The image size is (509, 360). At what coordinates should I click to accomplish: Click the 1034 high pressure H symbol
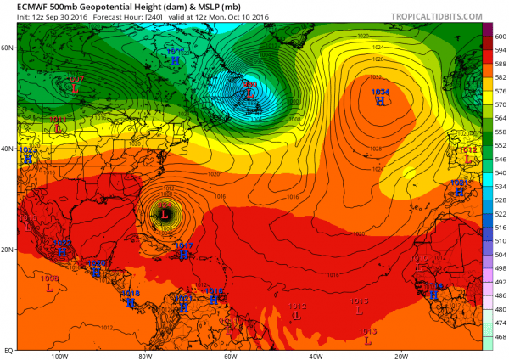pyautogui.click(x=380, y=101)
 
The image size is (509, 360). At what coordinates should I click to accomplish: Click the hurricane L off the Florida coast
pyautogui.click(x=165, y=216)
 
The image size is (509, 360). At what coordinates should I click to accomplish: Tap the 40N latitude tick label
pyautogui.click(x=7, y=149)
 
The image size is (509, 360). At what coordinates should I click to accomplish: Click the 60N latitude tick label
pyautogui.click(x=7, y=48)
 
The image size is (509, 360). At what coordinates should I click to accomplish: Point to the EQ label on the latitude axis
pyautogui.click(x=7, y=349)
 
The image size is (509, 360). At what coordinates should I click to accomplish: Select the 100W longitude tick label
pyautogui.click(x=59, y=355)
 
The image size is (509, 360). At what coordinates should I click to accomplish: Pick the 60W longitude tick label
pyautogui.click(x=230, y=355)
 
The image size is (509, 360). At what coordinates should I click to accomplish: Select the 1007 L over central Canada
pyautogui.click(x=76, y=87)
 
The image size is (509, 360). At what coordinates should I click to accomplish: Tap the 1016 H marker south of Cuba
pyautogui.click(x=130, y=302)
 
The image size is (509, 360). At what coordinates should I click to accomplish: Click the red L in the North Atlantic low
pyautogui.click(x=250, y=94)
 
